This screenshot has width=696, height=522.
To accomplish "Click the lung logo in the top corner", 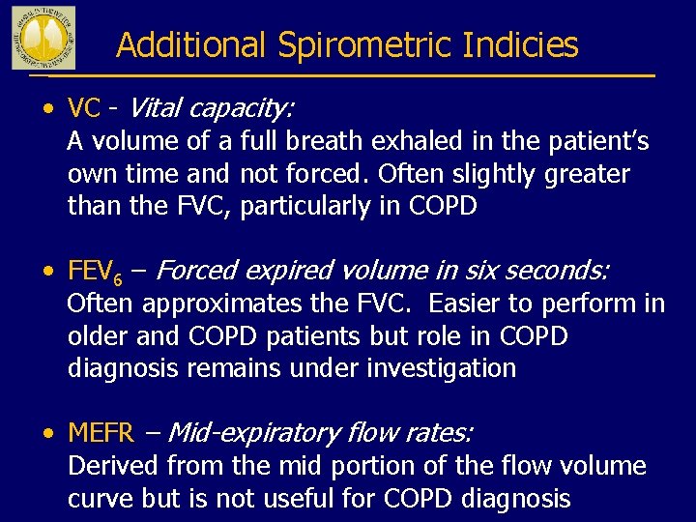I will (x=43, y=37).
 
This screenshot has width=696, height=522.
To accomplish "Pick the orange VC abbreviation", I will (x=84, y=106).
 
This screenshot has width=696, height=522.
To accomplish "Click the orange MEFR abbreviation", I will (x=100, y=433).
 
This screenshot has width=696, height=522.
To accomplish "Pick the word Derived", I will (x=113, y=466).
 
